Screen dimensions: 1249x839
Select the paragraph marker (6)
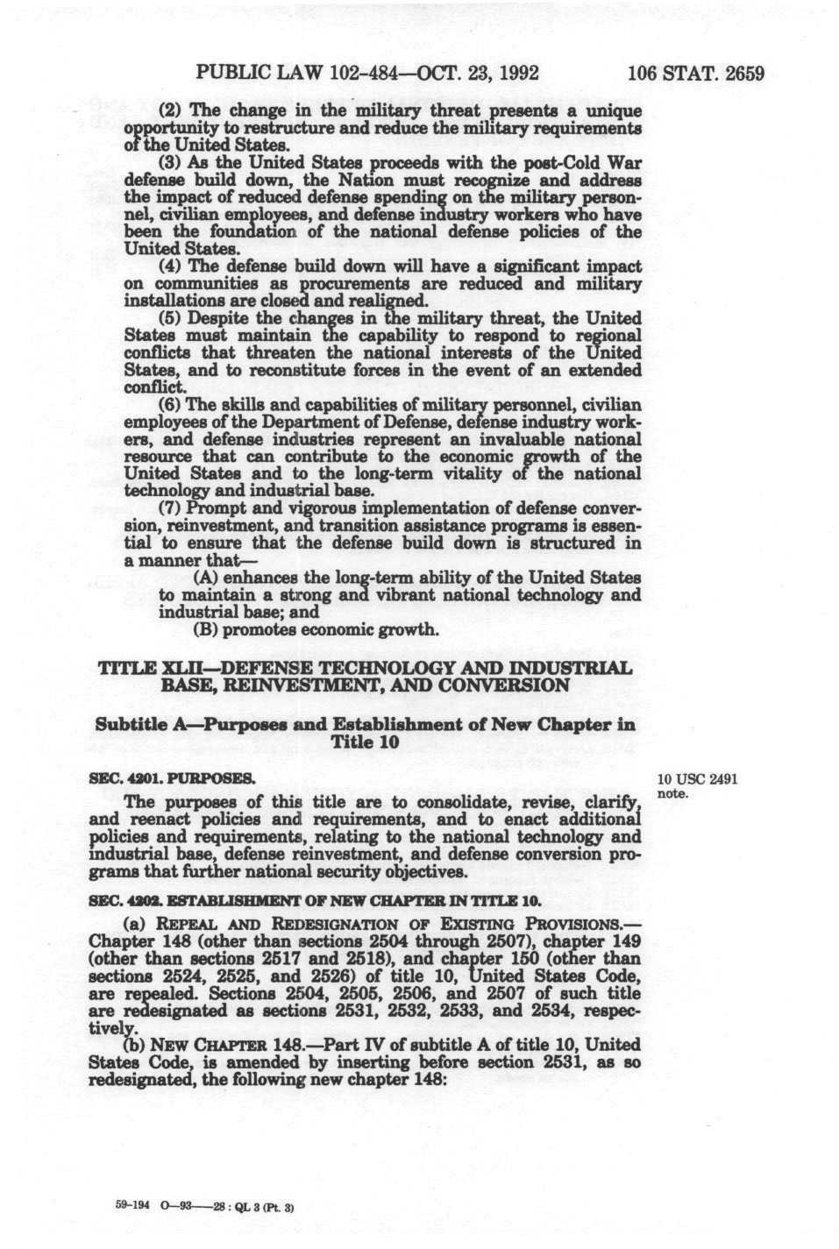tap(169, 405)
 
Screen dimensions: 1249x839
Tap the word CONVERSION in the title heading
tap(507, 685)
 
